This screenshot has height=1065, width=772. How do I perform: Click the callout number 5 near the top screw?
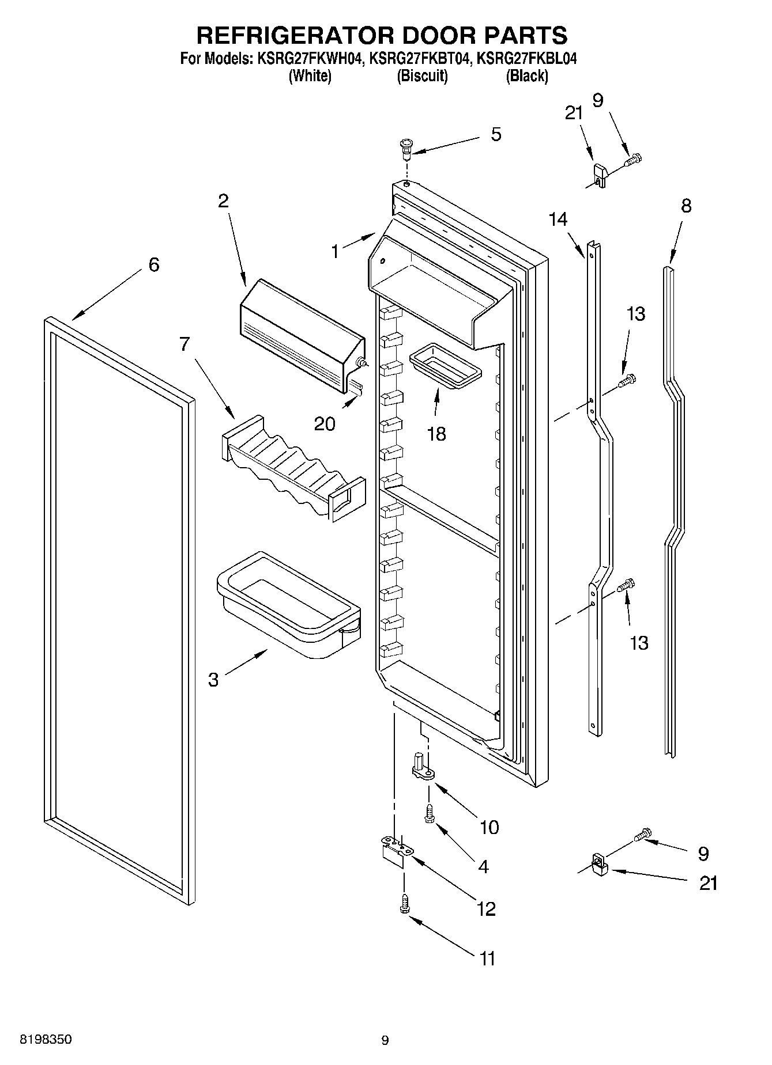click(x=496, y=135)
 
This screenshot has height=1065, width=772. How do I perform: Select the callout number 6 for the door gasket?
click(x=153, y=265)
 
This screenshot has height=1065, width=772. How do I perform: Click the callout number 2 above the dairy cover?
click(x=223, y=201)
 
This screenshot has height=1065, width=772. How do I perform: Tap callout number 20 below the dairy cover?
click(x=325, y=424)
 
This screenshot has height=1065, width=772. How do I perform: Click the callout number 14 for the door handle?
click(x=558, y=219)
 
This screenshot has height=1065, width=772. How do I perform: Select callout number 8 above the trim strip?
click(x=686, y=206)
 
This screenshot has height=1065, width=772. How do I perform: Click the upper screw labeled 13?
click(x=627, y=380)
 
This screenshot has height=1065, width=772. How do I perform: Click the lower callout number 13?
click(x=639, y=643)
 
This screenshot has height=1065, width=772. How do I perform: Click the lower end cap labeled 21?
click(x=600, y=864)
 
